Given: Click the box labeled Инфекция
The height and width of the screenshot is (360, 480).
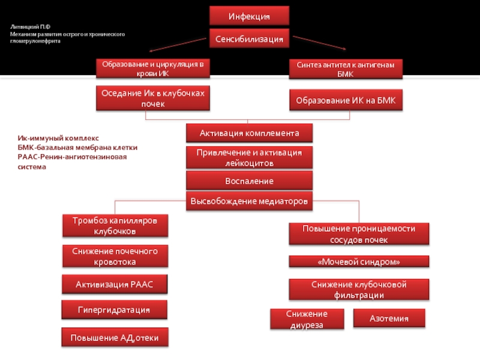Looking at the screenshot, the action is click(249, 16).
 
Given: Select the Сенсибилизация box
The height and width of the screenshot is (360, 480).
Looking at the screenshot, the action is click(249, 38).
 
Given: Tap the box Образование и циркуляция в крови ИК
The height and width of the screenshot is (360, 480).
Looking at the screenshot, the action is click(153, 68).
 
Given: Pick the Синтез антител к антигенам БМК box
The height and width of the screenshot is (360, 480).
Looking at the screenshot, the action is click(346, 69).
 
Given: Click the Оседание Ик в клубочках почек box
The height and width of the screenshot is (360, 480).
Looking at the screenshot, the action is click(153, 98).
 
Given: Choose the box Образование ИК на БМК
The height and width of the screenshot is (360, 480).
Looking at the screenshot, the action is click(346, 100).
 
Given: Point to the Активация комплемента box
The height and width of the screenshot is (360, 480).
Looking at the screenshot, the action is click(249, 133).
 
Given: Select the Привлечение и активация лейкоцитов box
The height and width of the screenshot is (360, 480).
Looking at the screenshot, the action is click(249, 157).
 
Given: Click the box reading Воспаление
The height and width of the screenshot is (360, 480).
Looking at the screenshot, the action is click(249, 181).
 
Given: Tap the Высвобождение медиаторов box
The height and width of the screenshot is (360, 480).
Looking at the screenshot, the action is click(249, 201).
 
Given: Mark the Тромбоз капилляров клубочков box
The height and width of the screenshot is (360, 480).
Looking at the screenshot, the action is click(115, 226).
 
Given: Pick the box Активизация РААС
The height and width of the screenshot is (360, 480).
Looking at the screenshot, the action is click(115, 284).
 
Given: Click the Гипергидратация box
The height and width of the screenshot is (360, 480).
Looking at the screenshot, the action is click(114, 310).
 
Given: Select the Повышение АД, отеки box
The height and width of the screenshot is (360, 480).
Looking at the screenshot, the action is click(115, 337).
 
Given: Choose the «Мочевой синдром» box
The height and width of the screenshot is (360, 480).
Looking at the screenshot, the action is click(359, 262).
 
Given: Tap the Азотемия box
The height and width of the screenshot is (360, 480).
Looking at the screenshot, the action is click(389, 318).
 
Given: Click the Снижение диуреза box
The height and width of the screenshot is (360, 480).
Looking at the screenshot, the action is click(307, 319).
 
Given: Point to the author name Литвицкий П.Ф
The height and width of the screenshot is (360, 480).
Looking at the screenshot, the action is click(31, 26).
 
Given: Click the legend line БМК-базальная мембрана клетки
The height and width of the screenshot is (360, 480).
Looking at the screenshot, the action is click(77, 147).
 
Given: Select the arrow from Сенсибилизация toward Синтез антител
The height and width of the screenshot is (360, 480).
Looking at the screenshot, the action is click(320, 43).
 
